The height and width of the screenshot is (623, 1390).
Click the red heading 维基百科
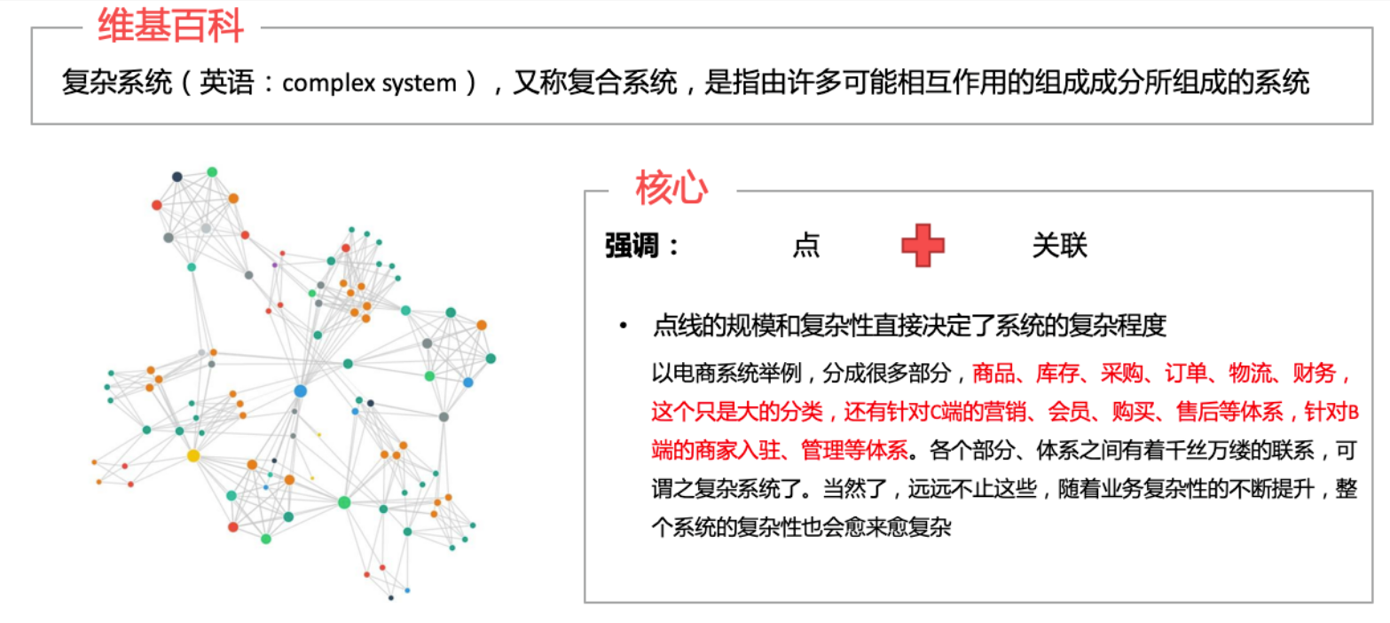[x=170, y=26]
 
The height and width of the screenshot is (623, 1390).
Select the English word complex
[x=329, y=83]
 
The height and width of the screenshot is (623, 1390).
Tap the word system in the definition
[x=419, y=83]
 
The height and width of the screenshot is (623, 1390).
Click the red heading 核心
[x=671, y=187]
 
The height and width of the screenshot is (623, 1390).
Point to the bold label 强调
[x=632, y=245]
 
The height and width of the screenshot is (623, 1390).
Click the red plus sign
[x=923, y=245]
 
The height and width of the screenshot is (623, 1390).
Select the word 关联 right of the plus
[x=1060, y=245]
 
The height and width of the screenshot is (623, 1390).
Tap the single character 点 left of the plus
[x=806, y=245]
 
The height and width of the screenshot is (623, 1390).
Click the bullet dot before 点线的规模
[x=623, y=326]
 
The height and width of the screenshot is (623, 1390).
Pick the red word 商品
[x=993, y=374]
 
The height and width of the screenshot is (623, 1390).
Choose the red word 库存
[x=1057, y=374]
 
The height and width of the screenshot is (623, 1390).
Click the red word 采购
[x=1122, y=374]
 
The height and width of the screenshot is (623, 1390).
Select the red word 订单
[x=1186, y=374]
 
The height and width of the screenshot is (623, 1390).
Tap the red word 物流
[x=1250, y=374]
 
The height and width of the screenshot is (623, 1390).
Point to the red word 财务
[x=1315, y=374]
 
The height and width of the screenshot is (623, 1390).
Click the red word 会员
[x=1069, y=412]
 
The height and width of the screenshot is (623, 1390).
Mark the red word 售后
[x=1198, y=412]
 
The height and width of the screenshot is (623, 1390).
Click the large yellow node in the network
[x=193, y=456]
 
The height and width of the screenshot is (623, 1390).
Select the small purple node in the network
[x=274, y=265]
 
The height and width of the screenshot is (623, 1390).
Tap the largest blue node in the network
[x=301, y=390]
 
